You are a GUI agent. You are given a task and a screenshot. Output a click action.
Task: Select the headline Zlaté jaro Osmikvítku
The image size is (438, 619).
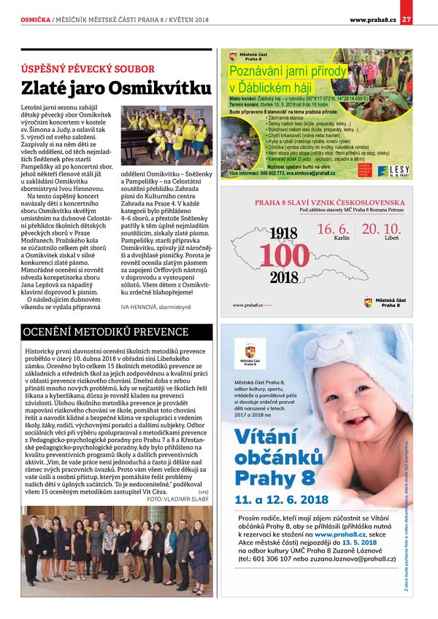coord(112,89)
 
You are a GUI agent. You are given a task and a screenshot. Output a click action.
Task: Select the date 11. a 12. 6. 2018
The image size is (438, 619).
coord(281,499)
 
